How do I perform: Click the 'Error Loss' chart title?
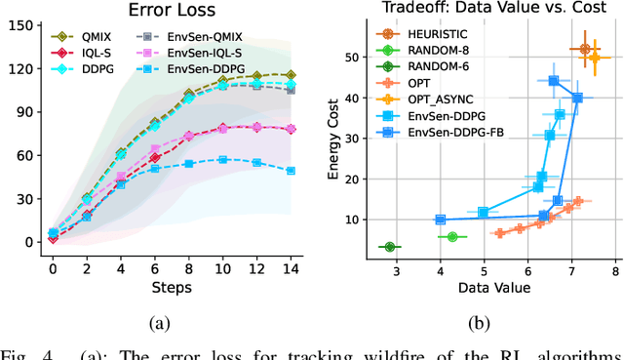tap(171, 12)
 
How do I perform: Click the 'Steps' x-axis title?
tap(171, 286)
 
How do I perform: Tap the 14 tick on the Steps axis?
tap(290, 268)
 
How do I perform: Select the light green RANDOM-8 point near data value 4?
tap(452, 237)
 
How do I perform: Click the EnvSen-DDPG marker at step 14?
tap(290, 170)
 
